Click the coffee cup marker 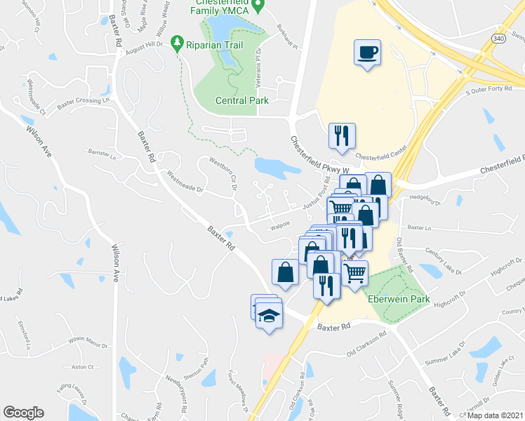pos(368,53)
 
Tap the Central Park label pos(241,100)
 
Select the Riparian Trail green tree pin pos(178,43)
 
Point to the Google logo pos(23,413)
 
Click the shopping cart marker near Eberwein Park pos(355,273)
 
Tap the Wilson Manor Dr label pos(87,345)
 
